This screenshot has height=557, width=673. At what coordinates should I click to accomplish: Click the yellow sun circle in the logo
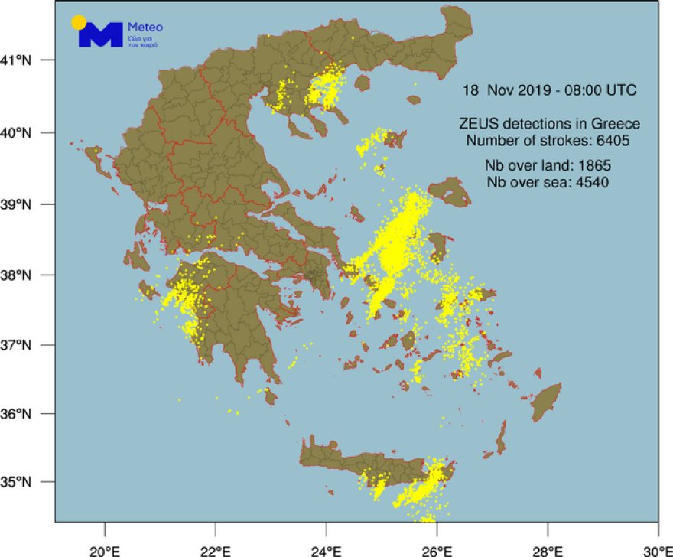pos(78,22)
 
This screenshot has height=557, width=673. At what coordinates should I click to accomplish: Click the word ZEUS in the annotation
pos(475,125)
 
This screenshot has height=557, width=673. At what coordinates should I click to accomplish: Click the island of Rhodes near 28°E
pos(548,402)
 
